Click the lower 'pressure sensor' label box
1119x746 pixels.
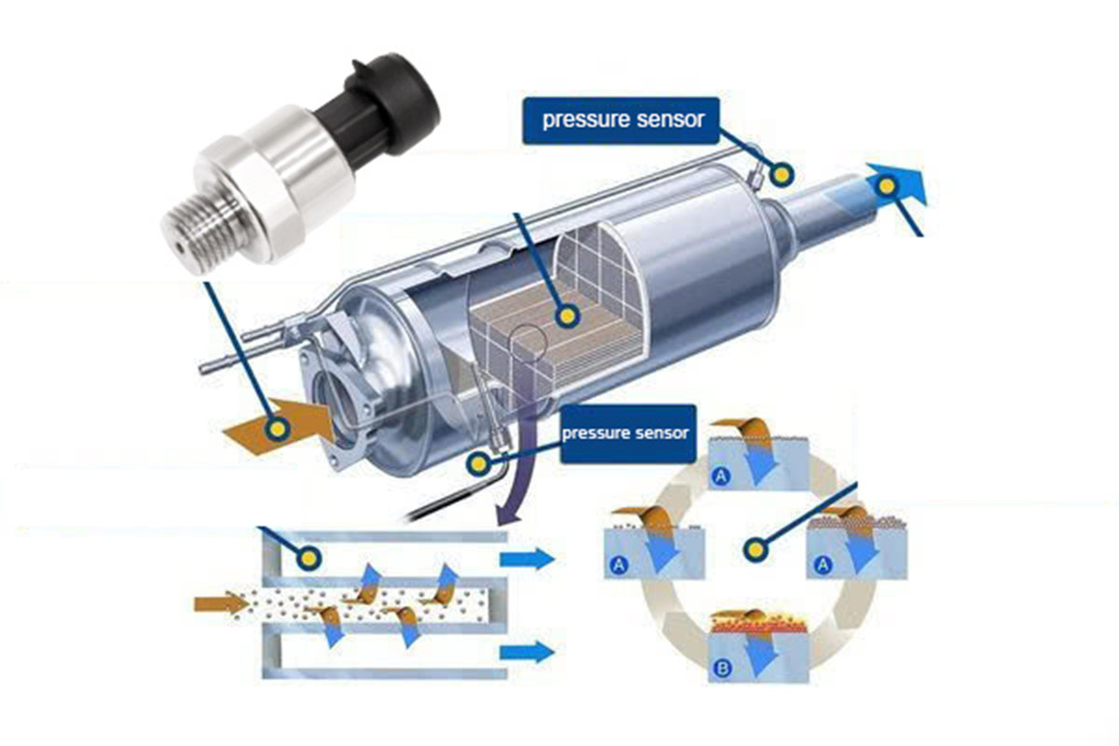point(628,434)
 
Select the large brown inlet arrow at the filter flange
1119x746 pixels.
point(280,426)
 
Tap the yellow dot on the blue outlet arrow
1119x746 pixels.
point(887,186)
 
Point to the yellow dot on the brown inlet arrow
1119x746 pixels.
point(277,428)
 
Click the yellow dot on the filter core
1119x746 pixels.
point(567,316)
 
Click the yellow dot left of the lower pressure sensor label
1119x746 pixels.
point(478,463)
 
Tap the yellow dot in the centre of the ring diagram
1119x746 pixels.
point(755,550)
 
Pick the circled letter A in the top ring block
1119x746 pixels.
point(720,476)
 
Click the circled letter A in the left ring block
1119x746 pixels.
point(618,565)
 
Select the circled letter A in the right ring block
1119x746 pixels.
point(822,564)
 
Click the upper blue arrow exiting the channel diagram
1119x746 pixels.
point(527,559)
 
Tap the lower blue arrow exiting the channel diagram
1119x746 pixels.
point(527,652)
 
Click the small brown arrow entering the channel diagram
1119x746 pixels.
point(222,603)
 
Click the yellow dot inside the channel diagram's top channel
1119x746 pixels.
point(310,558)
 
